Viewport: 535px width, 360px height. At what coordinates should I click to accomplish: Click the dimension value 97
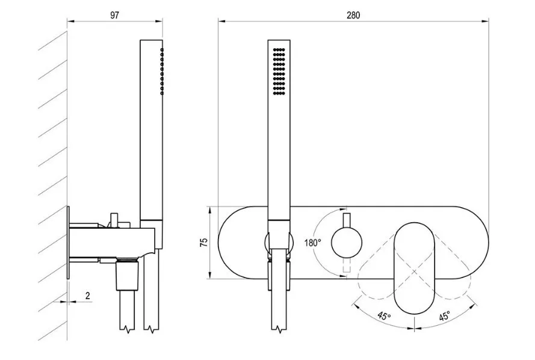(x=114, y=16)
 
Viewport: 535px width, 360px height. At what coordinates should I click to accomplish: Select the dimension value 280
(x=353, y=16)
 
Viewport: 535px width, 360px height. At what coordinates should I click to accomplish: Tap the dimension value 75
(x=204, y=242)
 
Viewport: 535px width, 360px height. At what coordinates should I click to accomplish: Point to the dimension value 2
(x=88, y=296)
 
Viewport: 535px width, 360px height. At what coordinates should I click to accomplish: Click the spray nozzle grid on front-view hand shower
(x=278, y=71)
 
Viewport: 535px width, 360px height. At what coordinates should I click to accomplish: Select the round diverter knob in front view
(x=347, y=242)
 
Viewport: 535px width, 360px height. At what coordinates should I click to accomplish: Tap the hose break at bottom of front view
(x=279, y=329)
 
